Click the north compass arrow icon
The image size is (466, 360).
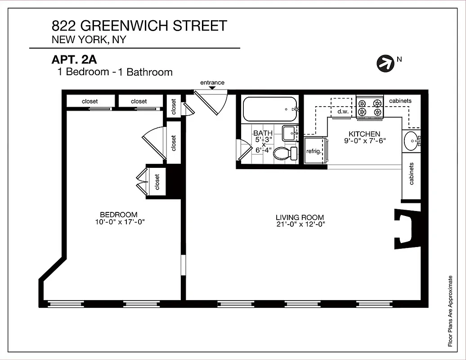[x=385, y=63]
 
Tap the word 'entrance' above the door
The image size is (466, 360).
[x=212, y=82]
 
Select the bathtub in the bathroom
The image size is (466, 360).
[x=269, y=109]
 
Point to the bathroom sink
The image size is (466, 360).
[x=289, y=133]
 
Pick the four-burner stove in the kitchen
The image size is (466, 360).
[x=369, y=107]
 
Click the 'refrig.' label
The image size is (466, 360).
[x=314, y=151]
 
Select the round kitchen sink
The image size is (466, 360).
[x=411, y=141]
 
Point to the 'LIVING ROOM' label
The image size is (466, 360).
[x=300, y=217]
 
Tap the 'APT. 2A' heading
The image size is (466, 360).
[x=74, y=60]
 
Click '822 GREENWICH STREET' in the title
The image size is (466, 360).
[x=139, y=26]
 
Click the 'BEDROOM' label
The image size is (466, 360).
[x=119, y=215]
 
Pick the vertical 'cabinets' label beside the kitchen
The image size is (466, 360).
[x=411, y=174]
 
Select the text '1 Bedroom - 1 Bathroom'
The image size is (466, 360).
[x=115, y=72]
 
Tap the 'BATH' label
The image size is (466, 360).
[x=263, y=133]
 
